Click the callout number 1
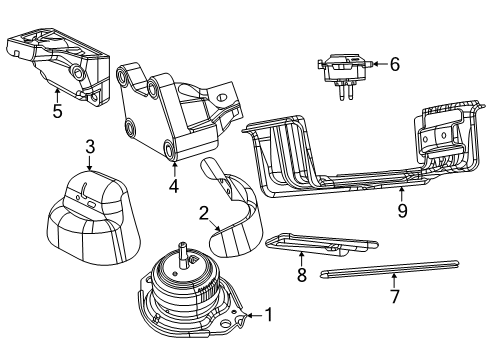click(267, 315)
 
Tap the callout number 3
click(89, 147)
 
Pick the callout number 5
click(57, 112)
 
